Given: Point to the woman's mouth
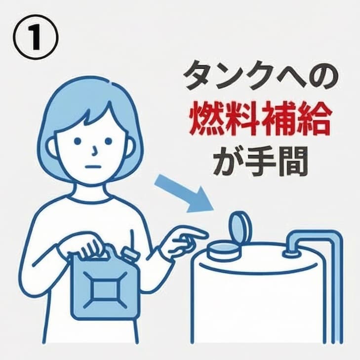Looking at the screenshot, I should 92,166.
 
